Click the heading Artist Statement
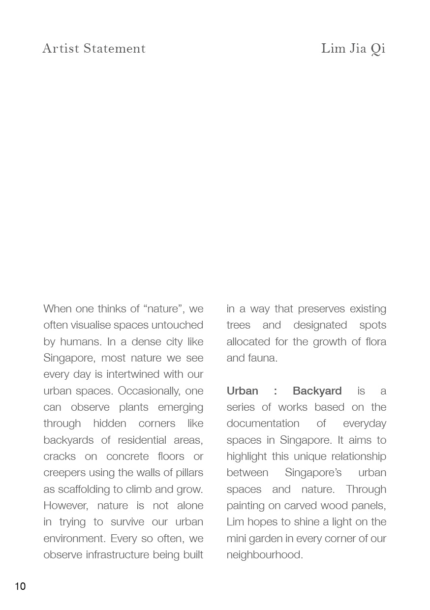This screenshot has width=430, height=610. click(x=94, y=48)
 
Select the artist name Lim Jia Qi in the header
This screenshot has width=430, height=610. click(x=353, y=48)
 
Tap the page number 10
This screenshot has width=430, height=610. click(x=20, y=586)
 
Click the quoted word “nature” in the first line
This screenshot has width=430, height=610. click(x=164, y=309)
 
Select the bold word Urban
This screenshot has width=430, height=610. click(x=242, y=391)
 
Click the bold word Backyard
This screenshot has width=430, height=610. click(x=317, y=391)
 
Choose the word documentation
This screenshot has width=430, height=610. click(x=263, y=424)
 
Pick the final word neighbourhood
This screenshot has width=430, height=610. click(x=264, y=555)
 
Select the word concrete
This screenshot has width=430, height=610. click(x=127, y=457)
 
